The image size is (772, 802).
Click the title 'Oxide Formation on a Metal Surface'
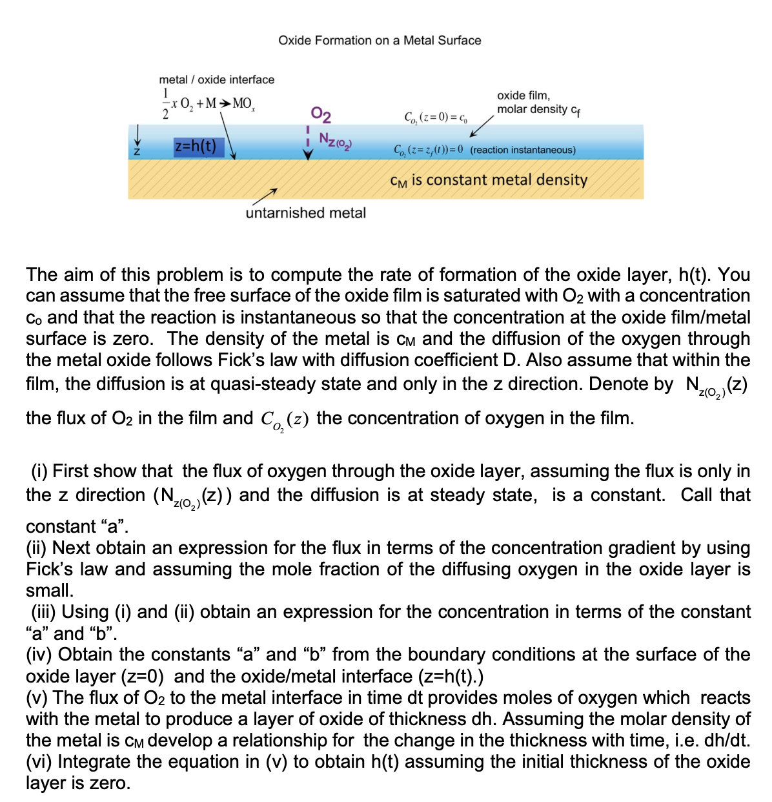click(x=380, y=40)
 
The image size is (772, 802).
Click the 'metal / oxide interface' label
click(x=216, y=79)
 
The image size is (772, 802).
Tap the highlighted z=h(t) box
click(x=196, y=146)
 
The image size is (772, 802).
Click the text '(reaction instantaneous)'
click(x=523, y=150)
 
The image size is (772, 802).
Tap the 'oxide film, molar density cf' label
click(x=538, y=103)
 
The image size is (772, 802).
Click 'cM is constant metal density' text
click(x=489, y=180)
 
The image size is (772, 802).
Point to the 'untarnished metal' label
click(x=305, y=212)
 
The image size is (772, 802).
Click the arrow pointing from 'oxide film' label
click(x=482, y=127)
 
